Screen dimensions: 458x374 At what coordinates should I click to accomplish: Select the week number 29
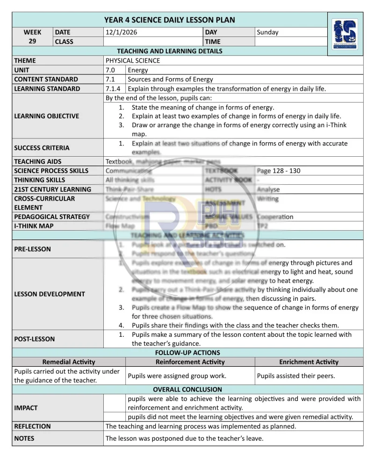[32, 41]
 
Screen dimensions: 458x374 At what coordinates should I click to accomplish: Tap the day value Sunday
[267, 32]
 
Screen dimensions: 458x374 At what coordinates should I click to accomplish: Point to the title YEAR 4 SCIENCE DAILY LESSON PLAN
[169, 20]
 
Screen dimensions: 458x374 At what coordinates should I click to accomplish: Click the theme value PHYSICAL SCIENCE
[133, 60]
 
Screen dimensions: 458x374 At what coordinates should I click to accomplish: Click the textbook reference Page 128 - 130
[279, 171]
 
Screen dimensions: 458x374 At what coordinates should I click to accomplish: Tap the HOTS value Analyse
[268, 189]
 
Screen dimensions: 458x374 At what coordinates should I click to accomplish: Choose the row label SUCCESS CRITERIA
[42, 148]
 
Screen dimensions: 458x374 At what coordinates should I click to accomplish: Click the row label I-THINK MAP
[34, 226]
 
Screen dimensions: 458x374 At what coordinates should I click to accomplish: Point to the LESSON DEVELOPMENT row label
[50, 294]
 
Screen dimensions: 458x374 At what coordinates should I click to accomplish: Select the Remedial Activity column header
[69, 362]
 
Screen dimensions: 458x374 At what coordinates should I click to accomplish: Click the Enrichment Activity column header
[309, 362]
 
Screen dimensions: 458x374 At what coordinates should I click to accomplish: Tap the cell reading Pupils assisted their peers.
[296, 376]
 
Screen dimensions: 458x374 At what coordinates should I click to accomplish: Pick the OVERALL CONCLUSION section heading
[187, 389]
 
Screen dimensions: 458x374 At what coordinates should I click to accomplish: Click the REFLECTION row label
[32, 426]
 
